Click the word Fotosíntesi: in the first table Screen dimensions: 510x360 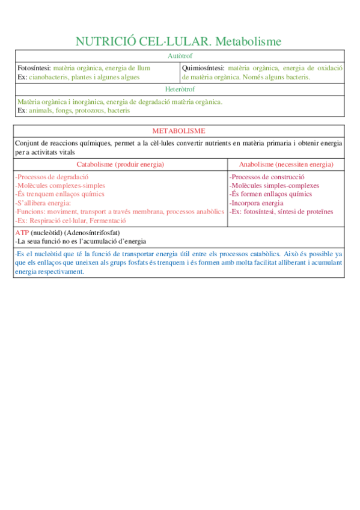click(x=34, y=68)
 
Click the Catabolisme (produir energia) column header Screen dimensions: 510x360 click(x=121, y=164)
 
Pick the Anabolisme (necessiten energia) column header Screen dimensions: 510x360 click(x=286, y=164)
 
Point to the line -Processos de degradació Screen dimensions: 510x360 click(x=52, y=177)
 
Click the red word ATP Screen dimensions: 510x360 click(x=22, y=232)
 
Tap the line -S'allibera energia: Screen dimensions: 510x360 click(x=43, y=203)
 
